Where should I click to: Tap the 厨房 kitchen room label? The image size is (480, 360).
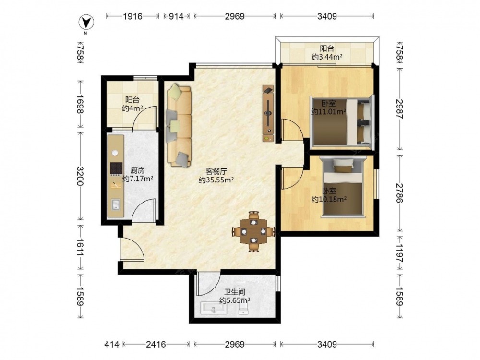(137, 170)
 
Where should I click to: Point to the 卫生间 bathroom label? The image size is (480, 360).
(235, 292)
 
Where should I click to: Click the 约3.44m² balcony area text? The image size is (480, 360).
(327, 57)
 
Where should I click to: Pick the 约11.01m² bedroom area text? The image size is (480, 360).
(328, 112)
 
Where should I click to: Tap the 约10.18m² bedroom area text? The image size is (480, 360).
(329, 199)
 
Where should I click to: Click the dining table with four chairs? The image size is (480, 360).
(253, 231)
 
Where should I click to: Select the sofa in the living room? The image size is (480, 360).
(179, 125)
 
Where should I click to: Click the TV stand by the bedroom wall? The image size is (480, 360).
(268, 113)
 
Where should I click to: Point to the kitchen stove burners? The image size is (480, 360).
(116, 168)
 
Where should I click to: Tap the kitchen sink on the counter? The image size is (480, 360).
(116, 204)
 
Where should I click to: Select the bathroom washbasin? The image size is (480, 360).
(214, 308)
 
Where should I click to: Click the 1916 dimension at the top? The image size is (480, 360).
(133, 16)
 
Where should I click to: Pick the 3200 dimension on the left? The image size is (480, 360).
(80, 176)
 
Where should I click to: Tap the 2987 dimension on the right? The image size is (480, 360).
(399, 109)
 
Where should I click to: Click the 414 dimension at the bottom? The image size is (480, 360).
(111, 345)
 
